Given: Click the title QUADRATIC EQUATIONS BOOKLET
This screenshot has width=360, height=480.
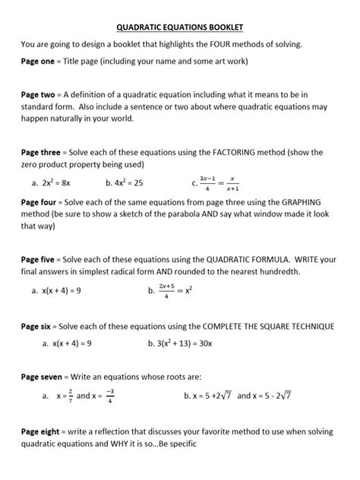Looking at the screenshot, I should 180,27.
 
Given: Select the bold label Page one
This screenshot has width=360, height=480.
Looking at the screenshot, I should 38,60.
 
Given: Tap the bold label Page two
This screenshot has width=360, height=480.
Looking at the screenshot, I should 38,94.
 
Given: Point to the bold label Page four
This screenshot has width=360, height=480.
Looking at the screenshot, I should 39,202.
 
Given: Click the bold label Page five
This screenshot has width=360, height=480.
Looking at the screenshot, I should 38,259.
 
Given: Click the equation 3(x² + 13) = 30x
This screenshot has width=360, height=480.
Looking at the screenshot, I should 185,343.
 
